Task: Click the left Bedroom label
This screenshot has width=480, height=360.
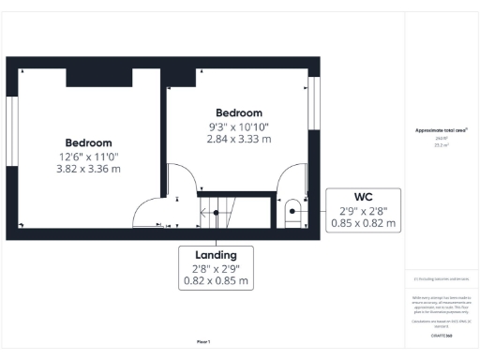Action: tap(88, 142)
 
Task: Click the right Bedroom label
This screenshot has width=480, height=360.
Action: tap(239, 112)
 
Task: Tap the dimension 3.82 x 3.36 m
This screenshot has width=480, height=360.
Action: tap(88, 170)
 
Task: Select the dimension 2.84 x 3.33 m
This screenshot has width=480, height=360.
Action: tap(239, 139)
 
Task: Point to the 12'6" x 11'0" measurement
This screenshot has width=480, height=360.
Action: tap(88, 157)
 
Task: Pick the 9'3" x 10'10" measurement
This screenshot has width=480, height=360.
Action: tap(239, 126)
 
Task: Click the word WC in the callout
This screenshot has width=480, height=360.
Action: tap(363, 198)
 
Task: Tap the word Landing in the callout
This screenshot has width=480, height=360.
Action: tap(216, 254)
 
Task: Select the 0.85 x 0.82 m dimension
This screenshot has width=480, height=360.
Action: tap(363, 224)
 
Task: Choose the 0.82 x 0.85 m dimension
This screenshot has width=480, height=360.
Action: tap(216, 280)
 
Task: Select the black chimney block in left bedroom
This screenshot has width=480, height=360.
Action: tap(98, 78)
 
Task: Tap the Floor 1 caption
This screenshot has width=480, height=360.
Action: tap(203, 341)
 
